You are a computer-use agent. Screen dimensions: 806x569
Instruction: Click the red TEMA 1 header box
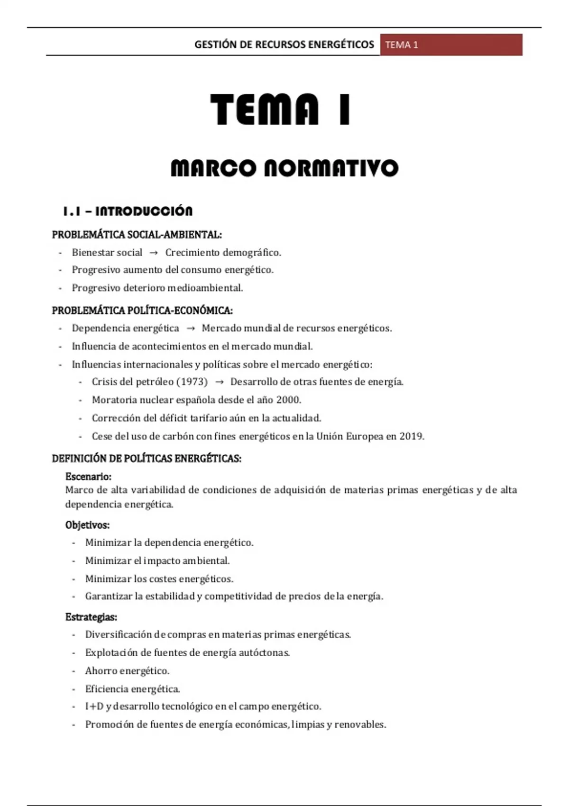(451, 45)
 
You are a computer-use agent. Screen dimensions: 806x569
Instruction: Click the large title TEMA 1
(280, 110)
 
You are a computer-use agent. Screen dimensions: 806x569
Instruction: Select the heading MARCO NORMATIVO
(284, 168)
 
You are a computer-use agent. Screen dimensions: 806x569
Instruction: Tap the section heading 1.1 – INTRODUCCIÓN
(128, 211)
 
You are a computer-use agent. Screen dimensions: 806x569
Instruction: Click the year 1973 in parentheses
(192, 382)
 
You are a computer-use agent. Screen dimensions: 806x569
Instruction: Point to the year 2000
(288, 400)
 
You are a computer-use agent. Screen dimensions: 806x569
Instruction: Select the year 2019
(411, 436)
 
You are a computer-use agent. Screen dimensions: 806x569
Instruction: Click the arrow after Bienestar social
(154, 253)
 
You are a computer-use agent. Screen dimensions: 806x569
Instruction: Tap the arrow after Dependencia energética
(191, 329)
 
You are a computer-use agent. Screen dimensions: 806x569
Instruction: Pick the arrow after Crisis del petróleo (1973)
(219, 382)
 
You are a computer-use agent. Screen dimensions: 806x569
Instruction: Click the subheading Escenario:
(88, 476)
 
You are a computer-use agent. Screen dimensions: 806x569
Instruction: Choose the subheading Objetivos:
(87, 525)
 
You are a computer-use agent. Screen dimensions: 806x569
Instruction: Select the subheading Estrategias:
(91, 617)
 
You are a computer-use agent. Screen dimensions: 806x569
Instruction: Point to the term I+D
(94, 706)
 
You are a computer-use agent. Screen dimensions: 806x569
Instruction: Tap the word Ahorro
(101, 671)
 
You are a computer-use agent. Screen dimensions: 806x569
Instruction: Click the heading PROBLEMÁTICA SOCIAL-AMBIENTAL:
(137, 235)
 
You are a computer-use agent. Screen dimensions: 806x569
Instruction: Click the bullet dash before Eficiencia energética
(73, 689)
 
